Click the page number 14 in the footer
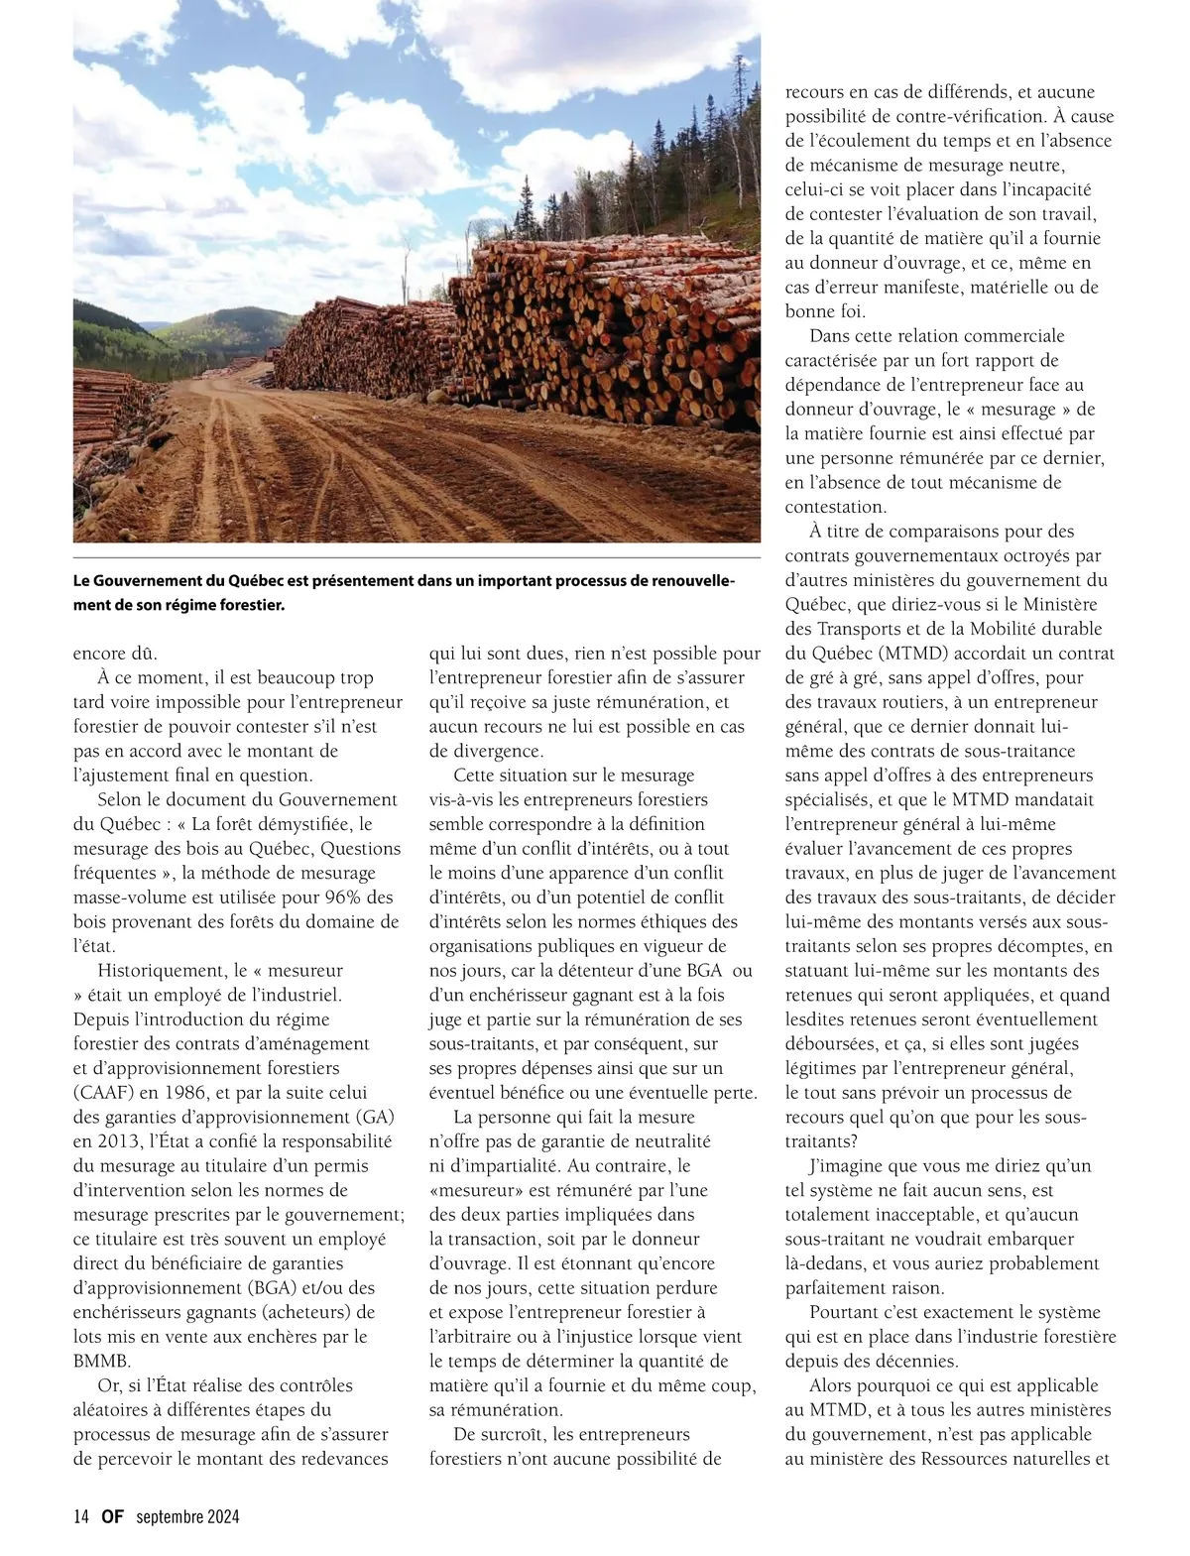[81, 1516]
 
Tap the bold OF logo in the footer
[112, 1516]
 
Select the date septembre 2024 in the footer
[187, 1516]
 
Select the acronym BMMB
[101, 1361]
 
